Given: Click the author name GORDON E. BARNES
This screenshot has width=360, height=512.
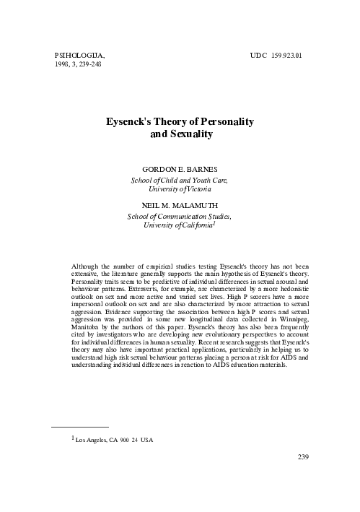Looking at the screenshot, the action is coord(180,168).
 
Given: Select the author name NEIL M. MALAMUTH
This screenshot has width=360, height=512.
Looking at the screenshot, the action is coord(180,205).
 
